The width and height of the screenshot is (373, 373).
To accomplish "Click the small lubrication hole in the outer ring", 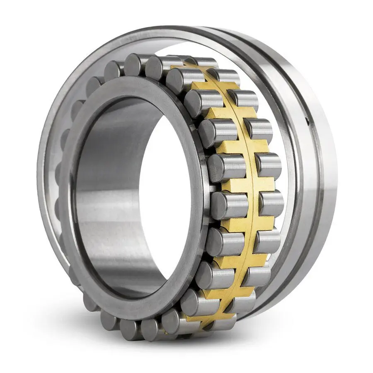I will point(307,121).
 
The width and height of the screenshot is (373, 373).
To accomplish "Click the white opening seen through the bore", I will point(166,199).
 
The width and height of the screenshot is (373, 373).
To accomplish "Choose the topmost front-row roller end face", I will point(135,64).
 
